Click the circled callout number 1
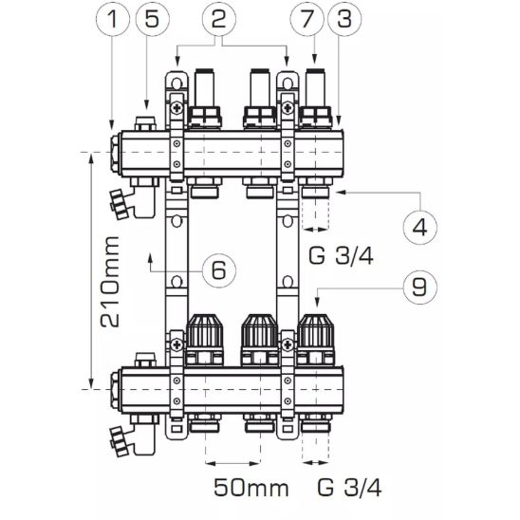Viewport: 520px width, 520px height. pyautogui.click(x=112, y=19)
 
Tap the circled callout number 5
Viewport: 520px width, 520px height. pyautogui.click(x=152, y=19)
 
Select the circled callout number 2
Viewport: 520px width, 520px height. pyautogui.click(x=219, y=19)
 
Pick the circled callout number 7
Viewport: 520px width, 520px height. pyautogui.click(x=306, y=19)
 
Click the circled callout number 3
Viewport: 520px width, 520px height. pyautogui.click(x=344, y=19)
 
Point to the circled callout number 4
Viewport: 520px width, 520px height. pyautogui.click(x=419, y=228)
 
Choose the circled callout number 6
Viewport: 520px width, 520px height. pyautogui.click(x=219, y=270)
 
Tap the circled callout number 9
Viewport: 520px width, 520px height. pyautogui.click(x=419, y=288)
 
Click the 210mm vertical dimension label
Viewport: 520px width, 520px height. pyautogui.click(x=110, y=282)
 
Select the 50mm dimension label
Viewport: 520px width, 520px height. pyautogui.click(x=251, y=488)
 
